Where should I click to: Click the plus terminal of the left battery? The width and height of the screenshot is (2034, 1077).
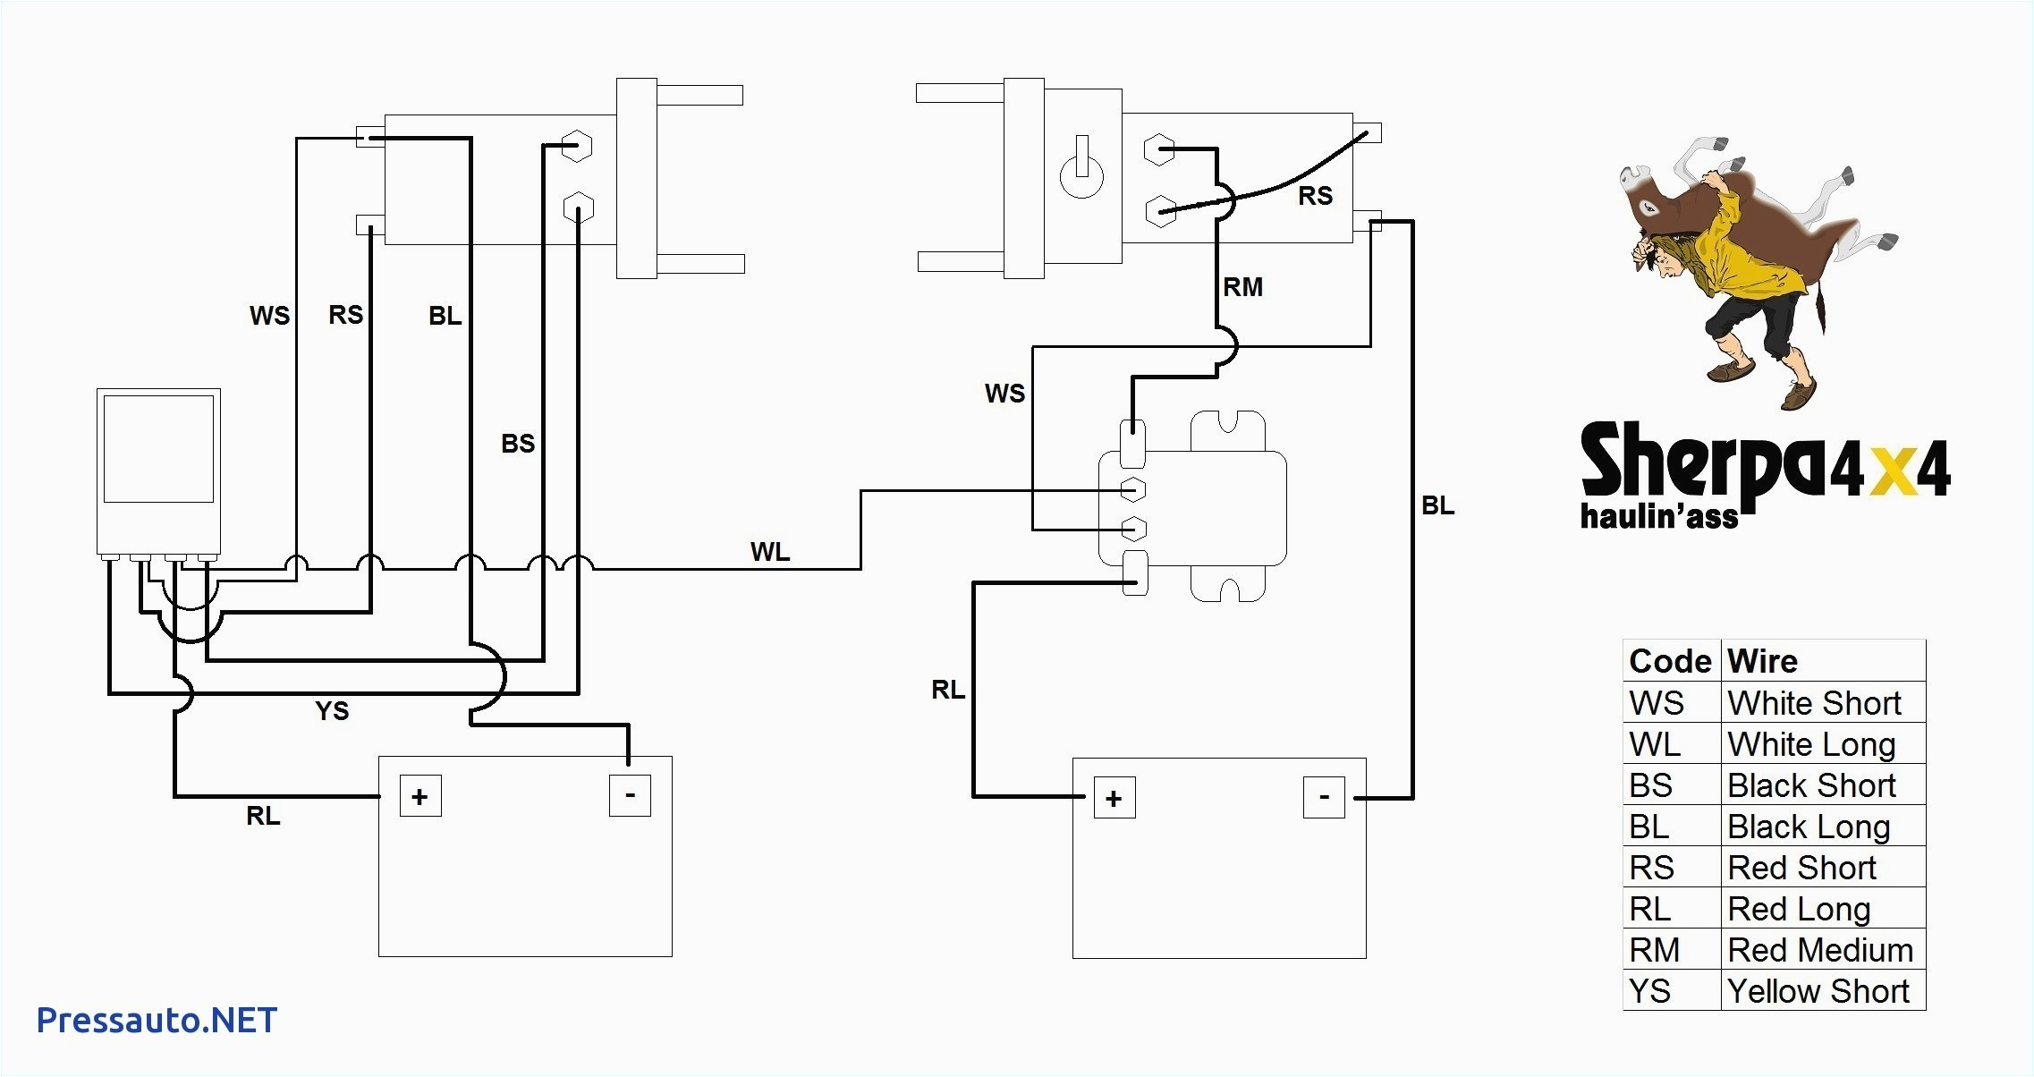pyautogui.click(x=420, y=797)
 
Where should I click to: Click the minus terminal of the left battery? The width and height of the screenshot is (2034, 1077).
pyautogui.click(x=630, y=795)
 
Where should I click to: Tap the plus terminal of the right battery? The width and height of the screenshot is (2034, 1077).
pyautogui.click(x=1114, y=799)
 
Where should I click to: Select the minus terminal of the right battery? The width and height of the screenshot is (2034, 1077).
pyautogui.click(x=1324, y=797)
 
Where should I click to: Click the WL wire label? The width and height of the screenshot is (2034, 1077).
pyautogui.click(x=770, y=552)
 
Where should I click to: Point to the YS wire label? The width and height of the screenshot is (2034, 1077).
pyautogui.click(x=332, y=711)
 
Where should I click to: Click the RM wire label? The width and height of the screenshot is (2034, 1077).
pyautogui.click(x=1243, y=287)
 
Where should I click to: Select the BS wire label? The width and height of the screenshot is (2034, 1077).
pyautogui.click(x=518, y=444)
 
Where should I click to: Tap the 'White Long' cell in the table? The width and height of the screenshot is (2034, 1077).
pyautogui.click(x=1811, y=744)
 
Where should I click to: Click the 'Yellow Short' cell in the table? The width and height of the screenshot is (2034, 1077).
pyautogui.click(x=1818, y=991)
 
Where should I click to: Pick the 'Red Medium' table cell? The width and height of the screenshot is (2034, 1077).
pyautogui.click(x=1820, y=950)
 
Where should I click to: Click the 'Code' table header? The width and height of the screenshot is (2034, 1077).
pyautogui.click(x=1670, y=661)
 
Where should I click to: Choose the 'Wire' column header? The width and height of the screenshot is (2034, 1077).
pyautogui.click(x=1762, y=661)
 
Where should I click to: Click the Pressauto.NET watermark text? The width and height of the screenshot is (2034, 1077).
pyautogui.click(x=157, y=1020)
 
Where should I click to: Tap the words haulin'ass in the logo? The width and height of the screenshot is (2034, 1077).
pyautogui.click(x=1659, y=516)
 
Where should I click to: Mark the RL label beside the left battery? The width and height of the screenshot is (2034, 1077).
pyautogui.click(x=263, y=816)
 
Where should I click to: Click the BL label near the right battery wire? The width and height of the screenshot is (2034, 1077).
pyautogui.click(x=1438, y=506)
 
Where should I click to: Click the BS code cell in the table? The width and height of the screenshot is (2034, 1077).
pyautogui.click(x=1651, y=785)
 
